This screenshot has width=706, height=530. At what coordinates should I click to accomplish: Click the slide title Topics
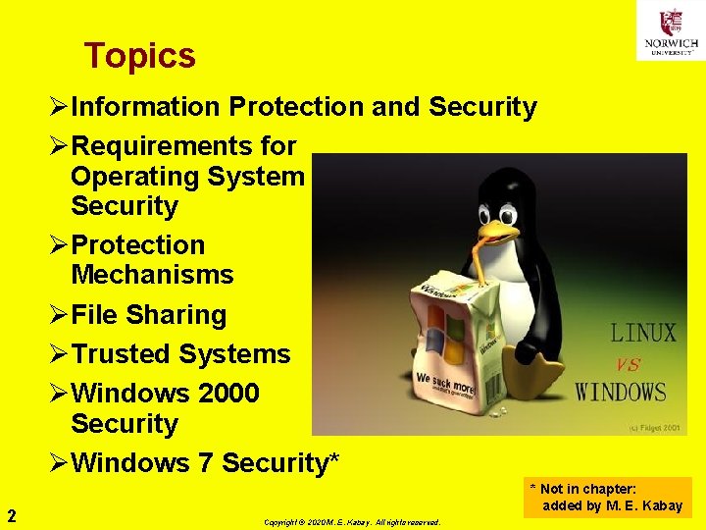(x=139, y=56)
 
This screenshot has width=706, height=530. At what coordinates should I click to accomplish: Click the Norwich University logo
(x=670, y=30)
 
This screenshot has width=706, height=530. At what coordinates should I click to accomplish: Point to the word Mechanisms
(x=152, y=275)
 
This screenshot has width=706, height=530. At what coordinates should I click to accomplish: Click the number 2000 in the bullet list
(x=228, y=394)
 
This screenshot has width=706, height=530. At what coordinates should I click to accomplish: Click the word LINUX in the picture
(x=642, y=333)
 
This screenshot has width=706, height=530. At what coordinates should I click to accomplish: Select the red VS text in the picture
(x=628, y=364)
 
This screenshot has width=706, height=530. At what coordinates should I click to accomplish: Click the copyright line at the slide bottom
(x=352, y=522)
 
